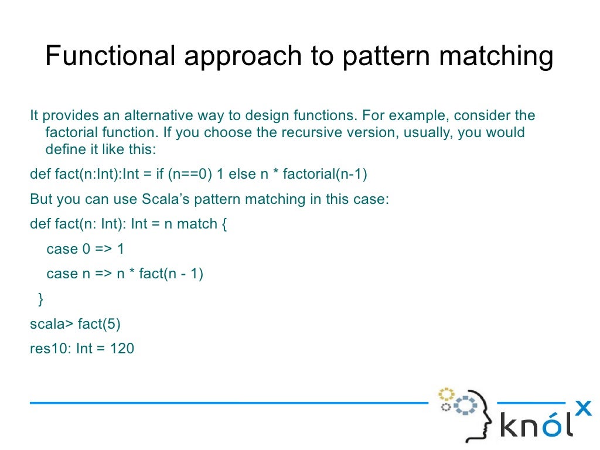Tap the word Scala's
tap(166, 199)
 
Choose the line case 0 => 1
tap(86, 249)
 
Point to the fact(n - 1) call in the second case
tap(171, 274)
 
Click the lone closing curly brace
tap(40, 299)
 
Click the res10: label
tap(51, 349)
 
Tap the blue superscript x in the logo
tap(584, 408)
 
